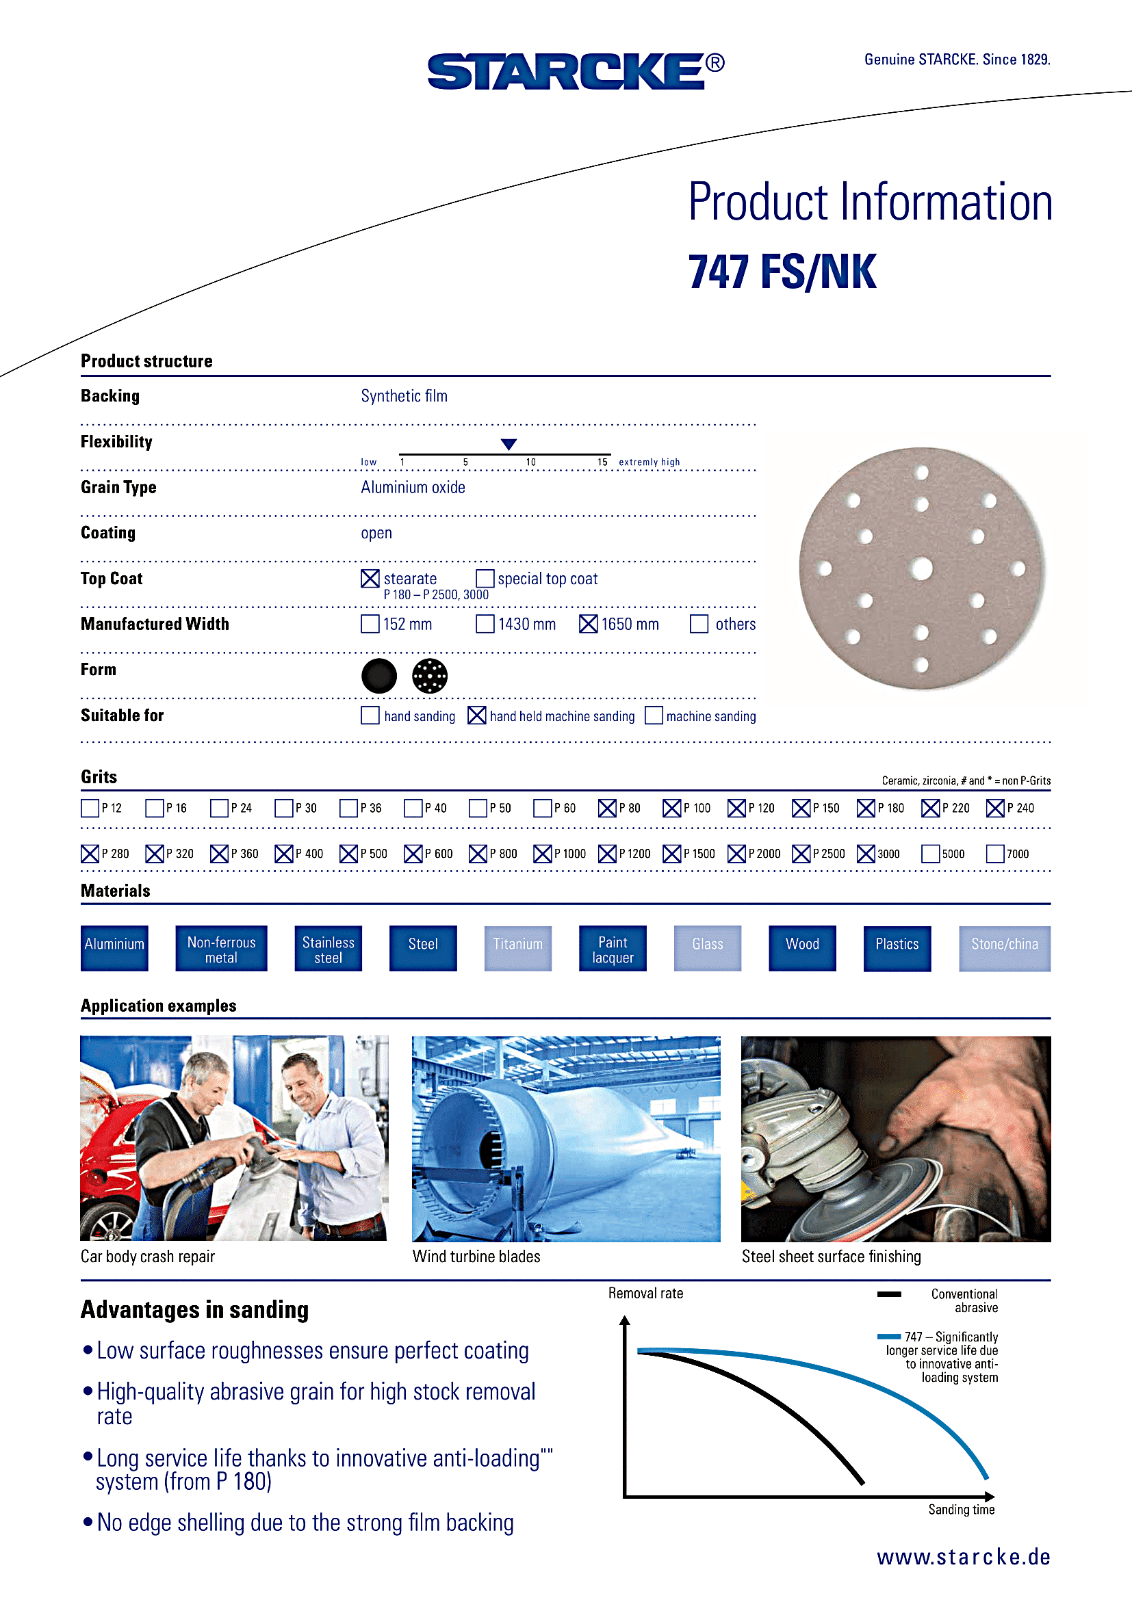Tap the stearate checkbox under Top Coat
370,579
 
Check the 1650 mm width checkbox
588,624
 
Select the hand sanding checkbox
370,716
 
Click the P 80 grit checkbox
606,809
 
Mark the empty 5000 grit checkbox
930,854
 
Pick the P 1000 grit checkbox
542,854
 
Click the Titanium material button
517,947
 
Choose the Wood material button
801,947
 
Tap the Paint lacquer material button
612,947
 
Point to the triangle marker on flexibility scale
509,445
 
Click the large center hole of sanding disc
921,568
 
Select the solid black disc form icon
379,676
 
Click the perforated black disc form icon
429,676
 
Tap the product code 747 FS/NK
782,272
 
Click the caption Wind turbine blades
476,1257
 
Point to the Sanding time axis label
960,1510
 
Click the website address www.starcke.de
964,1557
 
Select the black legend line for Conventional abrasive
889,1294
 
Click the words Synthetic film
404,396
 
